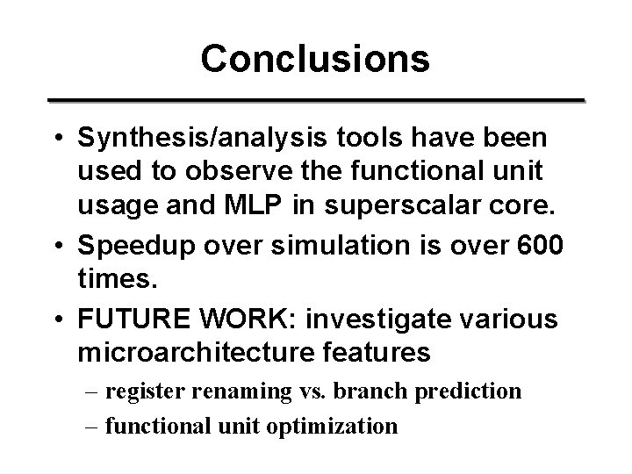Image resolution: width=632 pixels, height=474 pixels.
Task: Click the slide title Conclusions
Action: pyautogui.click(x=315, y=59)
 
